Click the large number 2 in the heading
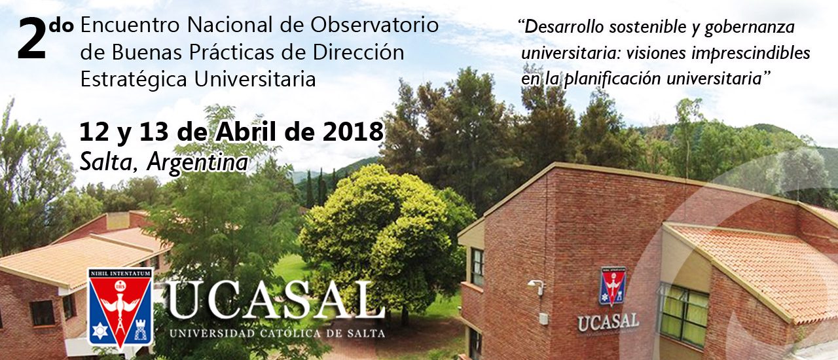[x=32, y=39]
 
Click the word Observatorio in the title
[x=374, y=26]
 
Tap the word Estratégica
[x=134, y=80]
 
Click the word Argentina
[x=198, y=163]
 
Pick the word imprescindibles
[x=750, y=54]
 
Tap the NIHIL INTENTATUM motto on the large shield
[x=120, y=274]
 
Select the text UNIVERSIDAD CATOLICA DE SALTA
[x=277, y=333]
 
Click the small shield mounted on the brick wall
[x=613, y=285]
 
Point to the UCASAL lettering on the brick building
[x=608, y=323]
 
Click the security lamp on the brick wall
[x=536, y=287]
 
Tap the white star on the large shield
[x=100, y=331]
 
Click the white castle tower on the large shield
[x=141, y=330]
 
